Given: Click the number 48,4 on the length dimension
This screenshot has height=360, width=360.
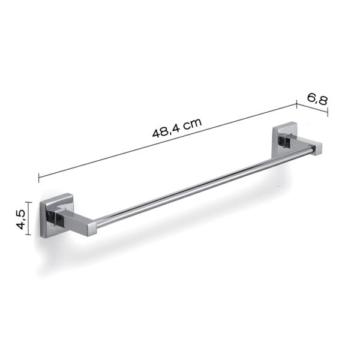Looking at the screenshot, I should click(166, 130).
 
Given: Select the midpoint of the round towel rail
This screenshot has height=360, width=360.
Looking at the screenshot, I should click(204, 186).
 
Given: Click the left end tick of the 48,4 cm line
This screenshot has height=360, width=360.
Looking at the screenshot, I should click(39, 177).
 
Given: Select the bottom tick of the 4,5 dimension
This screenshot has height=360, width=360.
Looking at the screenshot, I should click(29, 237).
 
